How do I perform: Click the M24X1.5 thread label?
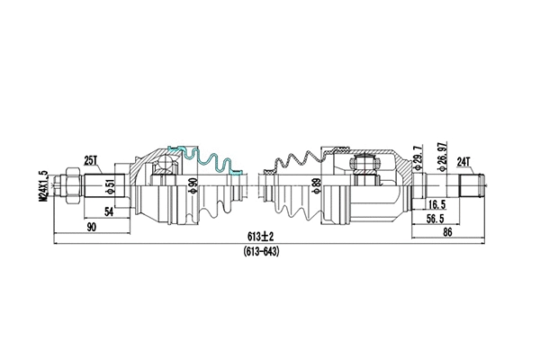(42, 187)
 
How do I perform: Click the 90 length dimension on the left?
(92, 227)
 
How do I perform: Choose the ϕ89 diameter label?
(315, 187)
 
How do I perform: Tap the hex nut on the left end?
(66, 186)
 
